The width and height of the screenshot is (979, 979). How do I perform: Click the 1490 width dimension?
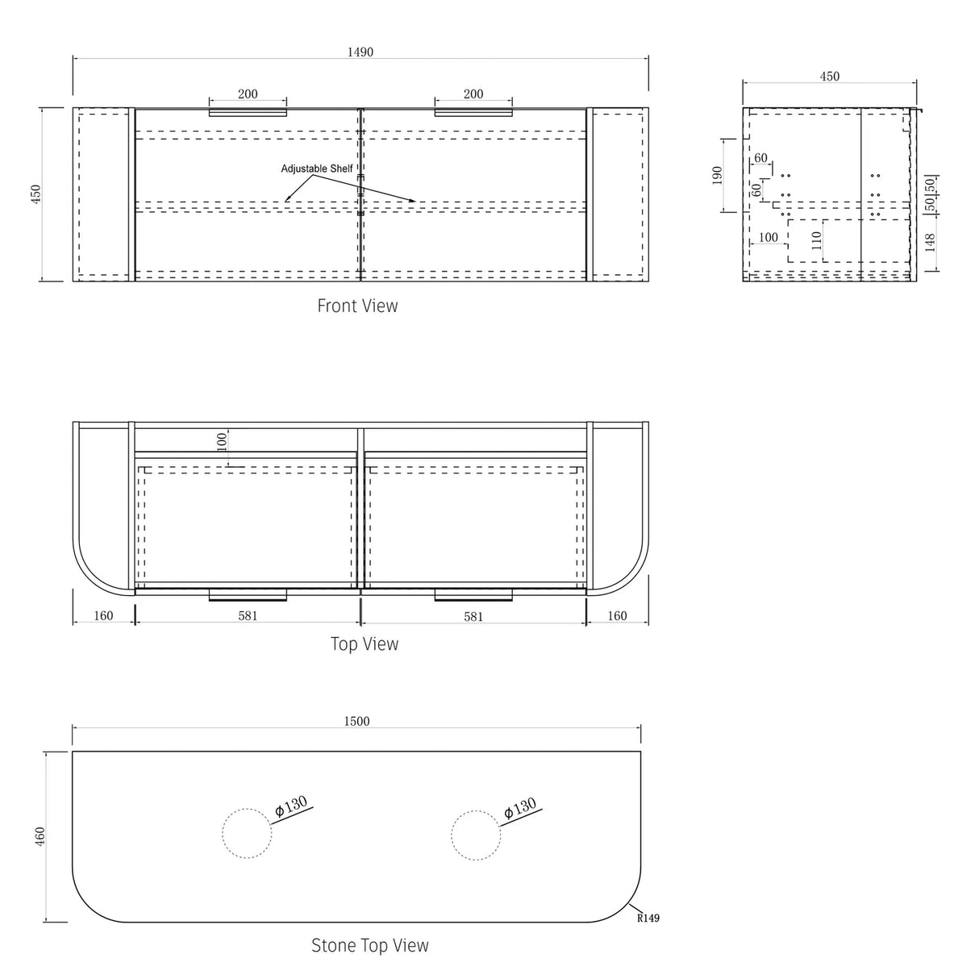(x=360, y=52)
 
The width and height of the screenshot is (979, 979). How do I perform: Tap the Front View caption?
(x=358, y=306)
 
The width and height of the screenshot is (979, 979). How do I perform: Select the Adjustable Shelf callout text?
(x=316, y=169)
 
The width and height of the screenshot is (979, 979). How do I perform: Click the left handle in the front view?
(x=248, y=112)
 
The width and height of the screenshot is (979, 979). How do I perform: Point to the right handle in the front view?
(x=473, y=112)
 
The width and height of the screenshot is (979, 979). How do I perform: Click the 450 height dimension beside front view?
(x=36, y=194)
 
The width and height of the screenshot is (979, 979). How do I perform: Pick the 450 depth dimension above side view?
(x=830, y=77)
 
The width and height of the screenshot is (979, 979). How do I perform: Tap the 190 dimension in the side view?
(x=718, y=175)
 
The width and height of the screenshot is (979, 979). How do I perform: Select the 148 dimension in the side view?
(x=930, y=243)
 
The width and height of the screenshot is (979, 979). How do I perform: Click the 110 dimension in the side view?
(x=816, y=240)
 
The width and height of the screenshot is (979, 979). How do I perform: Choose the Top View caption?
(x=365, y=644)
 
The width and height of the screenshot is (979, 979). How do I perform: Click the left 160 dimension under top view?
(x=103, y=616)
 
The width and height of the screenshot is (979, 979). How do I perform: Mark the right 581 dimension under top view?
(x=473, y=617)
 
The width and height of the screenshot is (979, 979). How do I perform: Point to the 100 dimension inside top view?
(x=222, y=441)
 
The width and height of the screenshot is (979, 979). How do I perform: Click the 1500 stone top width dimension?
(x=356, y=722)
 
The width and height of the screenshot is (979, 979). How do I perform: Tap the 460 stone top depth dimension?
(x=40, y=836)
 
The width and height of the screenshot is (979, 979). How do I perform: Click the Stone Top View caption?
(x=370, y=945)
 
